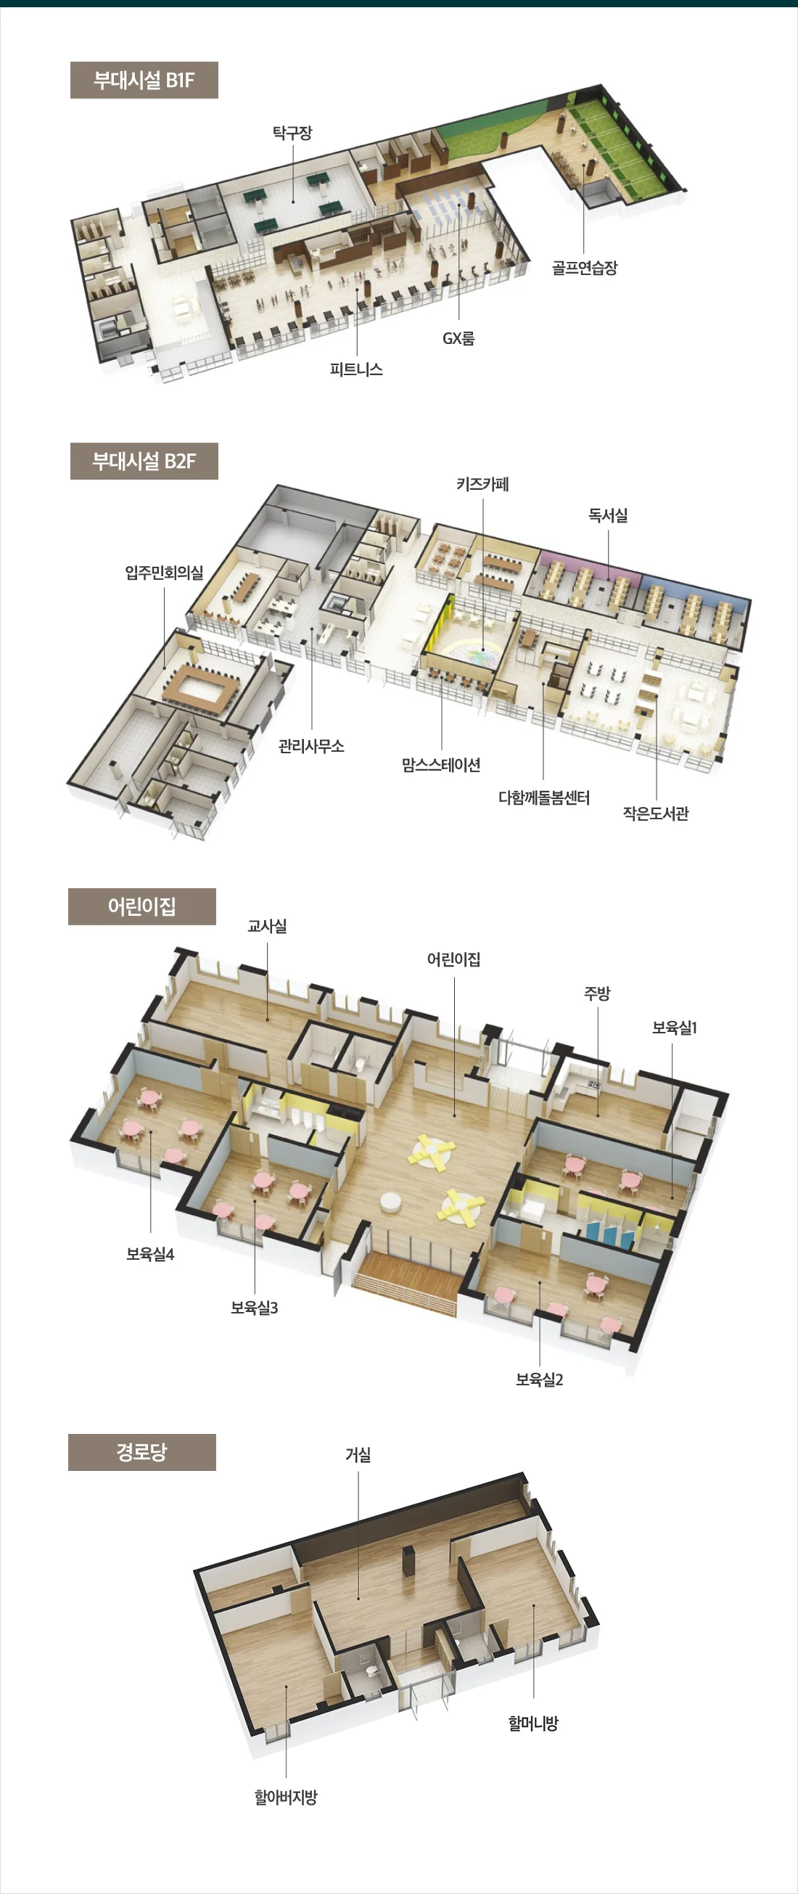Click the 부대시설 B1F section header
click(x=144, y=80)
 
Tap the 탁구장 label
click(x=292, y=133)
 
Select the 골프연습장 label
click(x=584, y=268)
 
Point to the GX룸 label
click(x=458, y=338)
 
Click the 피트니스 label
click(x=356, y=369)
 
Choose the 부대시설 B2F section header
click(x=144, y=461)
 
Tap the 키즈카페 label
click(x=482, y=484)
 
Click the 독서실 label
click(x=608, y=515)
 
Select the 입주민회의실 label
click(x=164, y=572)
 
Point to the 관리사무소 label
click(x=310, y=746)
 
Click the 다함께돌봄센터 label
click(x=544, y=798)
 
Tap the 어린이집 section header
click(x=141, y=906)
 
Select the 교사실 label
click(x=267, y=927)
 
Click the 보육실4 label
click(x=150, y=1255)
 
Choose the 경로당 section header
click(x=141, y=1452)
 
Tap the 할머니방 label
click(x=533, y=1723)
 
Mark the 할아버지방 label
click(x=286, y=1797)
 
